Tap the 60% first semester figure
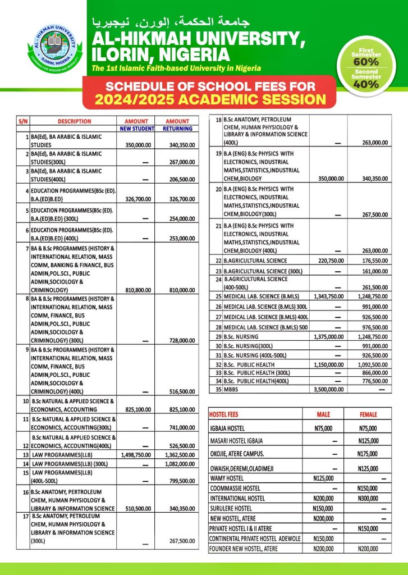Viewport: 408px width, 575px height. [365, 63]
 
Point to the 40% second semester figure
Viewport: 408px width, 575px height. [365, 84]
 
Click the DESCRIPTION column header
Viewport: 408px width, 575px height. [74, 121]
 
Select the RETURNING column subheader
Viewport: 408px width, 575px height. [177, 129]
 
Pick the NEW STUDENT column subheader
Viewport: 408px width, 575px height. [136, 129]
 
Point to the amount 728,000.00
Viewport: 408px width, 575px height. [180, 341]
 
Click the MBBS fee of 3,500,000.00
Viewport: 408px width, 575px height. [329, 389]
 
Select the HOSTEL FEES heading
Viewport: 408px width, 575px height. [223, 414]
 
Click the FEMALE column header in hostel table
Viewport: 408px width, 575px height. [368, 414]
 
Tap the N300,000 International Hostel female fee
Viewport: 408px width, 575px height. [368, 498]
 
